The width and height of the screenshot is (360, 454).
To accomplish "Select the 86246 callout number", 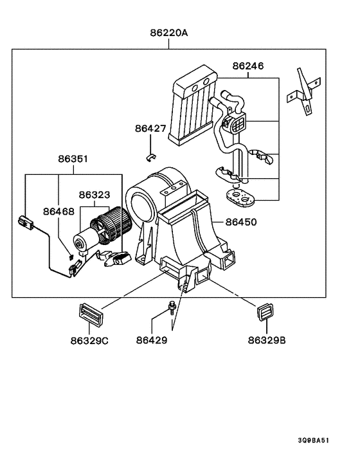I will pos(248,66).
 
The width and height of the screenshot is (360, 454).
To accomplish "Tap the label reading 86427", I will pos(150,129).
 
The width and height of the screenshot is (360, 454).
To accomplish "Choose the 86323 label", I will pos(94,194).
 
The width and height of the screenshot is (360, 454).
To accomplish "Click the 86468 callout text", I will pos(59,211).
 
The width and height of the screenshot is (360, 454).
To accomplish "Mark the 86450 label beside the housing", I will pos(240,222).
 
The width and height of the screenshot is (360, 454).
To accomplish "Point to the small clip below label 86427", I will pos(150,155).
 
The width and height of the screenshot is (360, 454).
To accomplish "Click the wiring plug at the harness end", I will pos(26,224).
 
